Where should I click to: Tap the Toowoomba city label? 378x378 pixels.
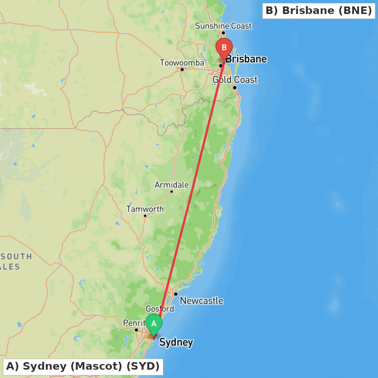pyautogui.click(x=182, y=63)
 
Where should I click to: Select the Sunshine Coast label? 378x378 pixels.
pyautogui.click(x=223, y=26)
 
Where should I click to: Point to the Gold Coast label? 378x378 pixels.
pyautogui.click(x=235, y=80)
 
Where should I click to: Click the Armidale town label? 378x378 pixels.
pyautogui.click(x=172, y=185)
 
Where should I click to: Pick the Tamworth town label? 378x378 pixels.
pyautogui.click(x=145, y=209)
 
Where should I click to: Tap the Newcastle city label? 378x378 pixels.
pyautogui.click(x=201, y=301)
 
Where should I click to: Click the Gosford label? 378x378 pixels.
pyautogui.click(x=160, y=309)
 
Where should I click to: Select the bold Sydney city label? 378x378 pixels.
pyautogui.click(x=176, y=342)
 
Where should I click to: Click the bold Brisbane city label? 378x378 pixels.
pyautogui.click(x=246, y=59)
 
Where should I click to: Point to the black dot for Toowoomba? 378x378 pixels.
pyautogui.click(x=182, y=69)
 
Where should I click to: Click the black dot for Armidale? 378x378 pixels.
pyautogui.click(x=172, y=191)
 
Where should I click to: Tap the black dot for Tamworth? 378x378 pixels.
pyautogui.click(x=145, y=215)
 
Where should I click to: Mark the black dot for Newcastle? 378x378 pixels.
pyautogui.click(x=176, y=294)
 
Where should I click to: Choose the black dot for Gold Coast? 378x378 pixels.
pyautogui.click(x=235, y=88)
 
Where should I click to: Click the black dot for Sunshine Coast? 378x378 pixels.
pyautogui.click(x=223, y=33)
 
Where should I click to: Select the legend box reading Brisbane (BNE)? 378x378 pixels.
pyautogui.click(x=319, y=11)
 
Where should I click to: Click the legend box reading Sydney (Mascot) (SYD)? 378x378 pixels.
pyautogui.click(x=83, y=366)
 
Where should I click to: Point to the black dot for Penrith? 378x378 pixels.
pyautogui.click(x=136, y=330)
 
